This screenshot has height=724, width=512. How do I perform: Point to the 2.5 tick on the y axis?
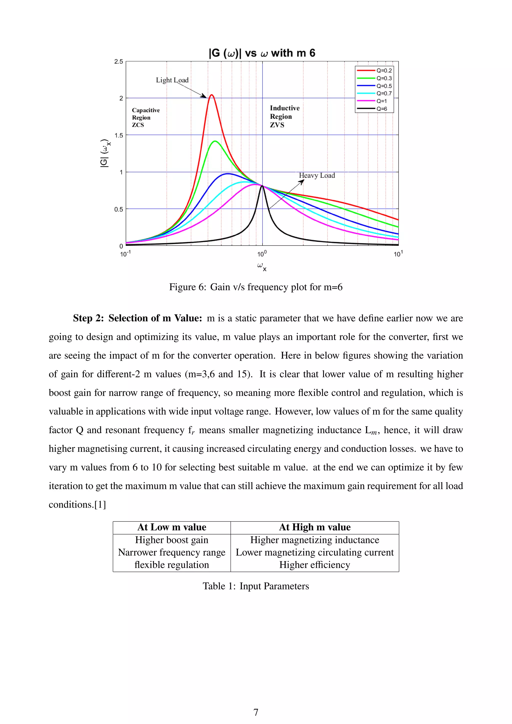118,61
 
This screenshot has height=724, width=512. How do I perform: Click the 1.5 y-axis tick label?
118,135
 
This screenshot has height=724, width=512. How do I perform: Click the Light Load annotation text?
172,80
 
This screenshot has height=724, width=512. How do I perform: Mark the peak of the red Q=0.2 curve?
211,95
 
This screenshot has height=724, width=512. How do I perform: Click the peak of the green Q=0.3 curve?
215,141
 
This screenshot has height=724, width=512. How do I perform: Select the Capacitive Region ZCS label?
146,117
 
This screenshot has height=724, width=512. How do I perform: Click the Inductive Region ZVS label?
284,116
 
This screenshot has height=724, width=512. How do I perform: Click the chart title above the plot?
262,53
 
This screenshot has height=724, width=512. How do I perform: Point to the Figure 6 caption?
256,287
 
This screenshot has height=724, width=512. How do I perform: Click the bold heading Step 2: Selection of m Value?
137,318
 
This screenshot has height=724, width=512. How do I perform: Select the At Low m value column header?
172,527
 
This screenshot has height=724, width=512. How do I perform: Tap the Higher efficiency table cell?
315,565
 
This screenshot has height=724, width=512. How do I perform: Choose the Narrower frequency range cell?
172,552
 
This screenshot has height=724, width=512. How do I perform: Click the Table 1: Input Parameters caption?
256,586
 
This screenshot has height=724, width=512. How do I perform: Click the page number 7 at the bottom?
256,712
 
